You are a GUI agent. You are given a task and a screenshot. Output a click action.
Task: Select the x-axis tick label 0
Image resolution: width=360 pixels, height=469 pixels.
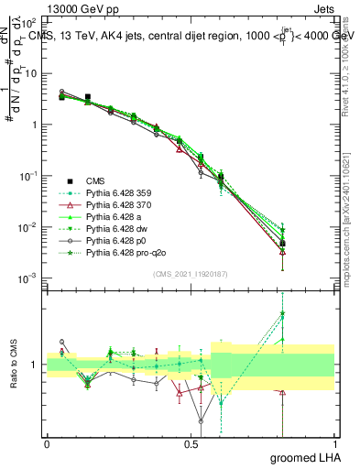pos(47,444)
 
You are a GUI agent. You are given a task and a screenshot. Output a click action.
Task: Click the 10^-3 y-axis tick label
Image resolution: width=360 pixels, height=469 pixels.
pos(28,278)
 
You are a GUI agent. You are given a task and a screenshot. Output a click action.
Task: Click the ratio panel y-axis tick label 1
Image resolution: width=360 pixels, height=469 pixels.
pos(36,365)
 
